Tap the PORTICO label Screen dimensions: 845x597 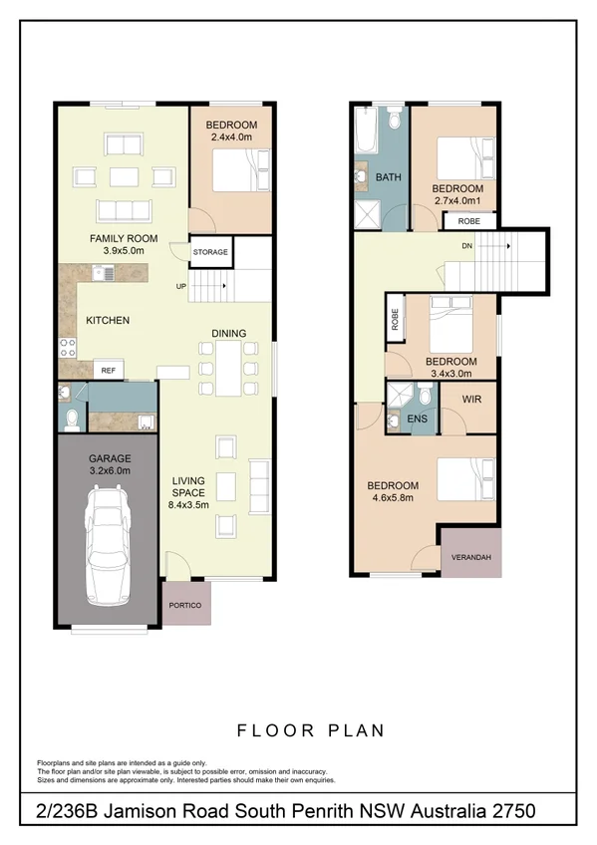click(186, 606)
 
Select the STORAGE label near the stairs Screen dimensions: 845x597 click(210, 252)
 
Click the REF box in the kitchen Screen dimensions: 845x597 click(108, 370)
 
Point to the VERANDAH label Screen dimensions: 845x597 click(471, 558)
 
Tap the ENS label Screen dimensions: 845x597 click(418, 420)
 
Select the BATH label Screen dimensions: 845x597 click(388, 177)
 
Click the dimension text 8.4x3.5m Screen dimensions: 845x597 click(186, 505)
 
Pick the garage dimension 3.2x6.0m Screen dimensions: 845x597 click(110, 471)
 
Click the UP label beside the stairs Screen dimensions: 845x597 click(180, 286)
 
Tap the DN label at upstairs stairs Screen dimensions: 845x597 click(466, 244)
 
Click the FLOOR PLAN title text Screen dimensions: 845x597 click(310, 730)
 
